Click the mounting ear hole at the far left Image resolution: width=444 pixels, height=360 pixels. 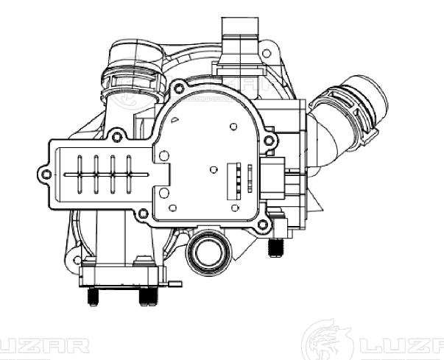pyautogui.click(x=46, y=174)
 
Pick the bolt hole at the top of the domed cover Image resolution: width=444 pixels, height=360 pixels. pyautogui.click(x=179, y=88)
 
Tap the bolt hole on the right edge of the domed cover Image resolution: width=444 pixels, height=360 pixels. pyautogui.click(x=269, y=140)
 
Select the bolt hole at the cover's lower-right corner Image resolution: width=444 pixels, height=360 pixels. pyautogui.click(x=263, y=225)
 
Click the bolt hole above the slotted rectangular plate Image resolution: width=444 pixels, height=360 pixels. pyautogui.click(x=117, y=137)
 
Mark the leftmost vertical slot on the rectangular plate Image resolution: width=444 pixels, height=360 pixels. pyautogui.click(x=80, y=174)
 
